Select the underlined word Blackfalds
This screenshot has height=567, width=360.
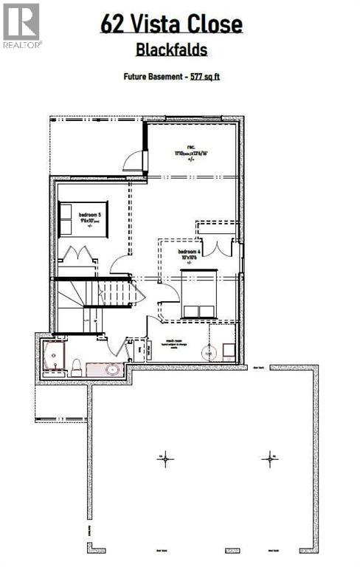coord(171,50)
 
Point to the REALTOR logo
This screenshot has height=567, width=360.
coord(21,25)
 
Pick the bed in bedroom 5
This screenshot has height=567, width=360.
coord(73,219)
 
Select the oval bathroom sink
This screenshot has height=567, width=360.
coord(113,369)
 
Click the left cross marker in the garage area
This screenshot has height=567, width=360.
coord(165,458)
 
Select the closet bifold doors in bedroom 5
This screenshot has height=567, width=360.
coord(77,255)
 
